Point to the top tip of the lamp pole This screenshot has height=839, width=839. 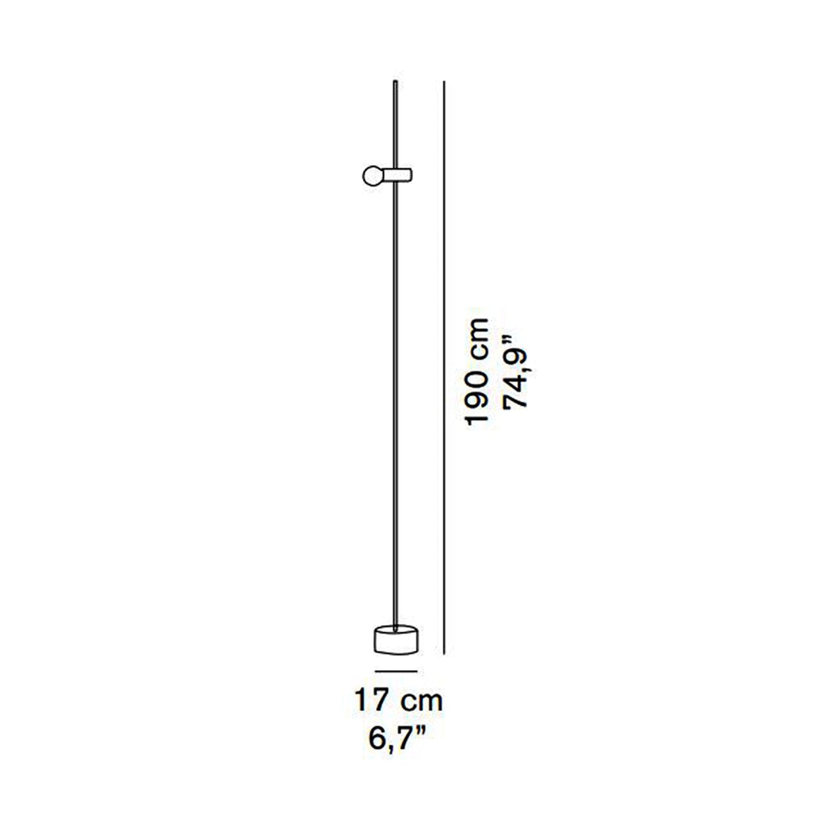(x=395, y=83)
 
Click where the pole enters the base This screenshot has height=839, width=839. (x=395, y=628)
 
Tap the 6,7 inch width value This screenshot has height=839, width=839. (x=388, y=739)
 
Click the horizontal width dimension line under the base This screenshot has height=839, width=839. (x=396, y=671)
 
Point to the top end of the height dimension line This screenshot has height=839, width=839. (x=444, y=82)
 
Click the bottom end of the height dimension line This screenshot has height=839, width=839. (x=444, y=653)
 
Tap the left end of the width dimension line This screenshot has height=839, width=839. (x=376, y=671)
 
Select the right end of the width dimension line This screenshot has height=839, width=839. (x=416, y=671)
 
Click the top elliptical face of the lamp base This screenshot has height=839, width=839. (x=396, y=630)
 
